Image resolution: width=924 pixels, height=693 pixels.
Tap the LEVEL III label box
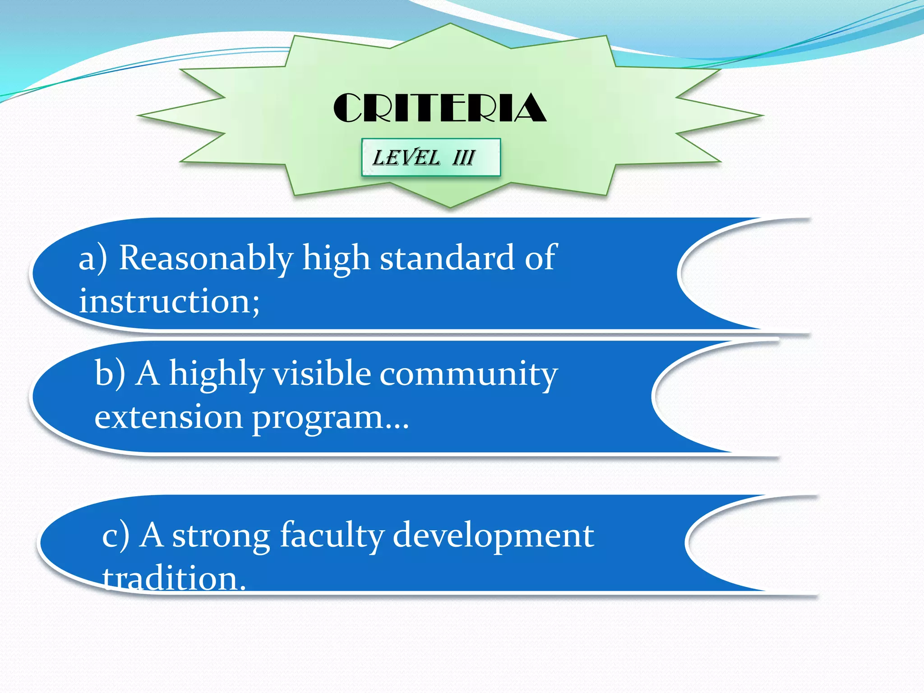[431, 157]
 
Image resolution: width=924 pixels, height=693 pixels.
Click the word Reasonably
[206, 258]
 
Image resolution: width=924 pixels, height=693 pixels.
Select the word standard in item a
[447, 258]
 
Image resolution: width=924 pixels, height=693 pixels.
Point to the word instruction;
[169, 301]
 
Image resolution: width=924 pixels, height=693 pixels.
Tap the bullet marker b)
[110, 374]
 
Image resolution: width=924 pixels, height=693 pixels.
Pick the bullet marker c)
[115, 536]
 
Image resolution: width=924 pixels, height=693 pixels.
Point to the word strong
[221, 536]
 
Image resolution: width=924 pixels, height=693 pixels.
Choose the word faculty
[332, 536]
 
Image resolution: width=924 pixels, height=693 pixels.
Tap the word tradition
[174, 578]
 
